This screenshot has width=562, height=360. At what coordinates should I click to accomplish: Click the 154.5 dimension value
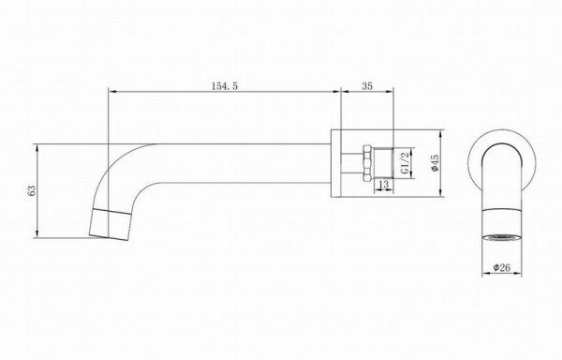point(225,86)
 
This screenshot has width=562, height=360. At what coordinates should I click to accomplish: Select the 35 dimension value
point(367,86)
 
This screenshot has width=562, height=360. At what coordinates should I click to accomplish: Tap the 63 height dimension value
point(32,190)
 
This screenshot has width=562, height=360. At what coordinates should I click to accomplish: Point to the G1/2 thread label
point(405,162)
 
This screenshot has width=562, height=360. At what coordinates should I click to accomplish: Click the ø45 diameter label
point(436,163)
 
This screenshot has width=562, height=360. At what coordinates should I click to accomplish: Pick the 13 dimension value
point(383,185)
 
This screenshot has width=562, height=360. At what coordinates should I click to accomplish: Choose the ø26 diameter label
point(502,267)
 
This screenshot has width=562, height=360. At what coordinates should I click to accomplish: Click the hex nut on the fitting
point(367,163)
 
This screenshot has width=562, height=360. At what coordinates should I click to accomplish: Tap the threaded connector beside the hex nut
point(383,163)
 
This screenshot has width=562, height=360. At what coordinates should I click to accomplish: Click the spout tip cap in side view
point(110,224)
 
